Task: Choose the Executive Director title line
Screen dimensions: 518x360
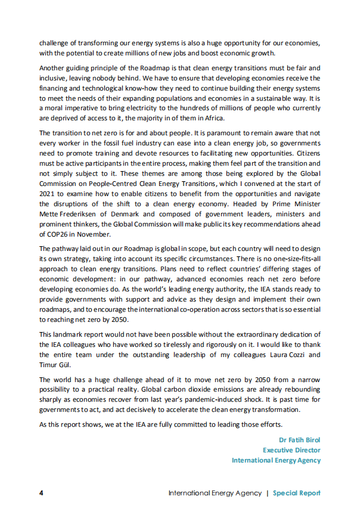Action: point(291,450)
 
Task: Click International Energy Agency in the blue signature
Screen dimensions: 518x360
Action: point(276,460)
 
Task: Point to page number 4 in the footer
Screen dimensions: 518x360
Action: point(41,493)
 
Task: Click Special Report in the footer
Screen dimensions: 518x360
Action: point(296,493)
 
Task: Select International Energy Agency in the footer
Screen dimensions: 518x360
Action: point(215,493)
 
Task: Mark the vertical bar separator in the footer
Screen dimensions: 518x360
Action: point(268,493)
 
